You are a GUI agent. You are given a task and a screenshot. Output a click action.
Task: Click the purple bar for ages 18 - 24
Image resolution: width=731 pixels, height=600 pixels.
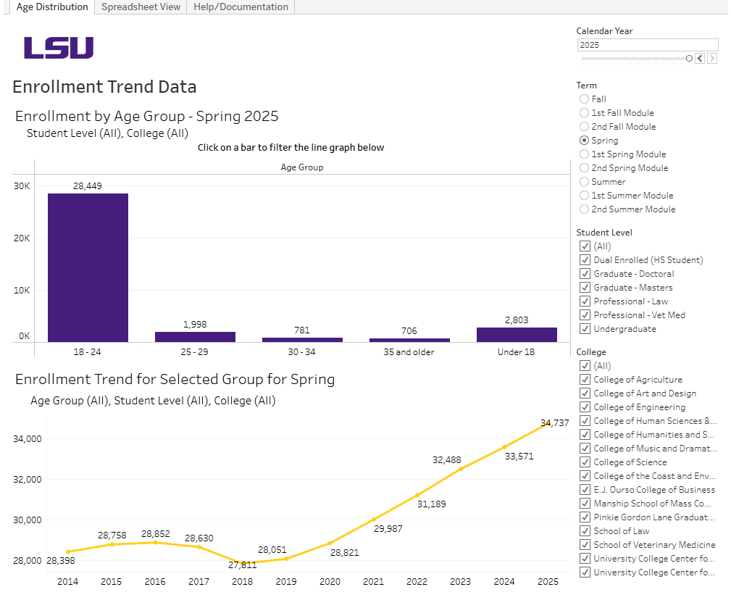tap(88, 267)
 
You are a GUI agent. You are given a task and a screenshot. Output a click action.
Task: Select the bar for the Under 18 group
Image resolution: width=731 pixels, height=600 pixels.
tap(517, 335)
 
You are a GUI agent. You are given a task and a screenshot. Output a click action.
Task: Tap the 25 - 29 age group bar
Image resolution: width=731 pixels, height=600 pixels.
tap(195, 337)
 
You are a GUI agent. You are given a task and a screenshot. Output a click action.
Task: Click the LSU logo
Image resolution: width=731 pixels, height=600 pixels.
tap(59, 48)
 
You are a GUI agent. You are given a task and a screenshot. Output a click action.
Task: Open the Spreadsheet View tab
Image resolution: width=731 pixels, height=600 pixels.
tap(141, 7)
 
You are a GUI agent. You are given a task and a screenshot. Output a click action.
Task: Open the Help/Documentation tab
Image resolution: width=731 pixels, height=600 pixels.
tap(241, 7)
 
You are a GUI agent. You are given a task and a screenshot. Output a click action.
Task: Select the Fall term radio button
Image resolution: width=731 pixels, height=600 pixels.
tap(584, 99)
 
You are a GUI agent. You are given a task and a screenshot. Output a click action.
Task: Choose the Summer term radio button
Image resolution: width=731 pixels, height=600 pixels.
tap(584, 182)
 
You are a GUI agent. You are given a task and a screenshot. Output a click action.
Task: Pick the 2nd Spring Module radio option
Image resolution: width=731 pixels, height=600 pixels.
tap(584, 168)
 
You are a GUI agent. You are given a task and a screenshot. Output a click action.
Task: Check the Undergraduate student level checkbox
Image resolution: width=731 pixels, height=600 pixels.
tap(585, 329)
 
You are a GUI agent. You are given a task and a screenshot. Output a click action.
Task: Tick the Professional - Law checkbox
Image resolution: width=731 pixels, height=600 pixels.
tap(585, 301)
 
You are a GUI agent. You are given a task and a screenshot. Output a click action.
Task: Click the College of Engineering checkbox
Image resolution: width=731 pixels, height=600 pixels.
tap(585, 407)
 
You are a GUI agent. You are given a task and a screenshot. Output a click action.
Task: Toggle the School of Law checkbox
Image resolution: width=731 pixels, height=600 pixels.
tap(585, 531)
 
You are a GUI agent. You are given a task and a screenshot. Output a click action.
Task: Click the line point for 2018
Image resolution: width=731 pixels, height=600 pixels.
tap(243, 562)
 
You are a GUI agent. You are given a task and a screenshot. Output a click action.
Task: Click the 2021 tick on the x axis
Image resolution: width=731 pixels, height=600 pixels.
tap(373, 582)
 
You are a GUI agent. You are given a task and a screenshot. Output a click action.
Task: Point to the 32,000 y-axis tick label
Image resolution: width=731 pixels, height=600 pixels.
tap(28, 480)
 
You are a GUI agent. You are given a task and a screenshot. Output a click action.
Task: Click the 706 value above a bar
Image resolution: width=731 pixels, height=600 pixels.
tap(409, 331)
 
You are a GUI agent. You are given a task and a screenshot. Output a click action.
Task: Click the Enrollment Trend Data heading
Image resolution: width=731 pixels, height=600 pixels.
tap(104, 87)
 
